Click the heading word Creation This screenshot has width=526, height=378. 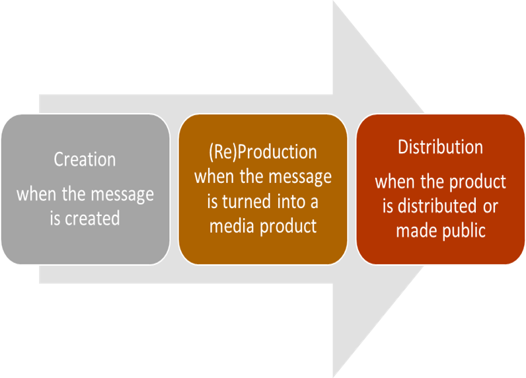[x=85, y=160]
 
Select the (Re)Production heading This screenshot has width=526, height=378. [x=262, y=152]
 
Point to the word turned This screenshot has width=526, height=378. [x=248, y=202]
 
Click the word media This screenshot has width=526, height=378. [x=230, y=226]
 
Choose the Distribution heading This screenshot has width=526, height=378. [x=440, y=147]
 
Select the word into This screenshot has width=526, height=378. [x=288, y=202]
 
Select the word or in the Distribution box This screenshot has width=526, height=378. [x=490, y=206]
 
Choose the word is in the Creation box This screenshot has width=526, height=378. [x=58, y=218]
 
